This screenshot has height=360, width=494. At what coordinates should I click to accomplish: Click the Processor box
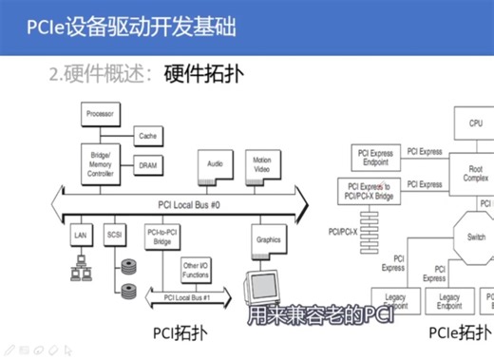[x=100, y=115]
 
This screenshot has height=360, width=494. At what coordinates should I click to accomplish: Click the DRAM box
[x=147, y=165]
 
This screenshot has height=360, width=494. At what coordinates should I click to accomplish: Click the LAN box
[x=81, y=234]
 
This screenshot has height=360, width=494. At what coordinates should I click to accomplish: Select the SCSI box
[x=115, y=234]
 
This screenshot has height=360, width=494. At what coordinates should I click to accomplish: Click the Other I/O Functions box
[x=196, y=270]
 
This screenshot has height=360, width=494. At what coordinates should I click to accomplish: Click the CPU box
[x=475, y=123]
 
